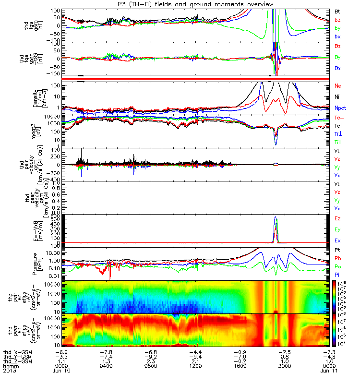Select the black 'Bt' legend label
(338, 11)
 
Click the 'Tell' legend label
(339, 125)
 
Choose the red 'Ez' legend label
(338, 218)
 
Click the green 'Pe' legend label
(338, 266)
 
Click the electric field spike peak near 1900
(276, 217)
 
